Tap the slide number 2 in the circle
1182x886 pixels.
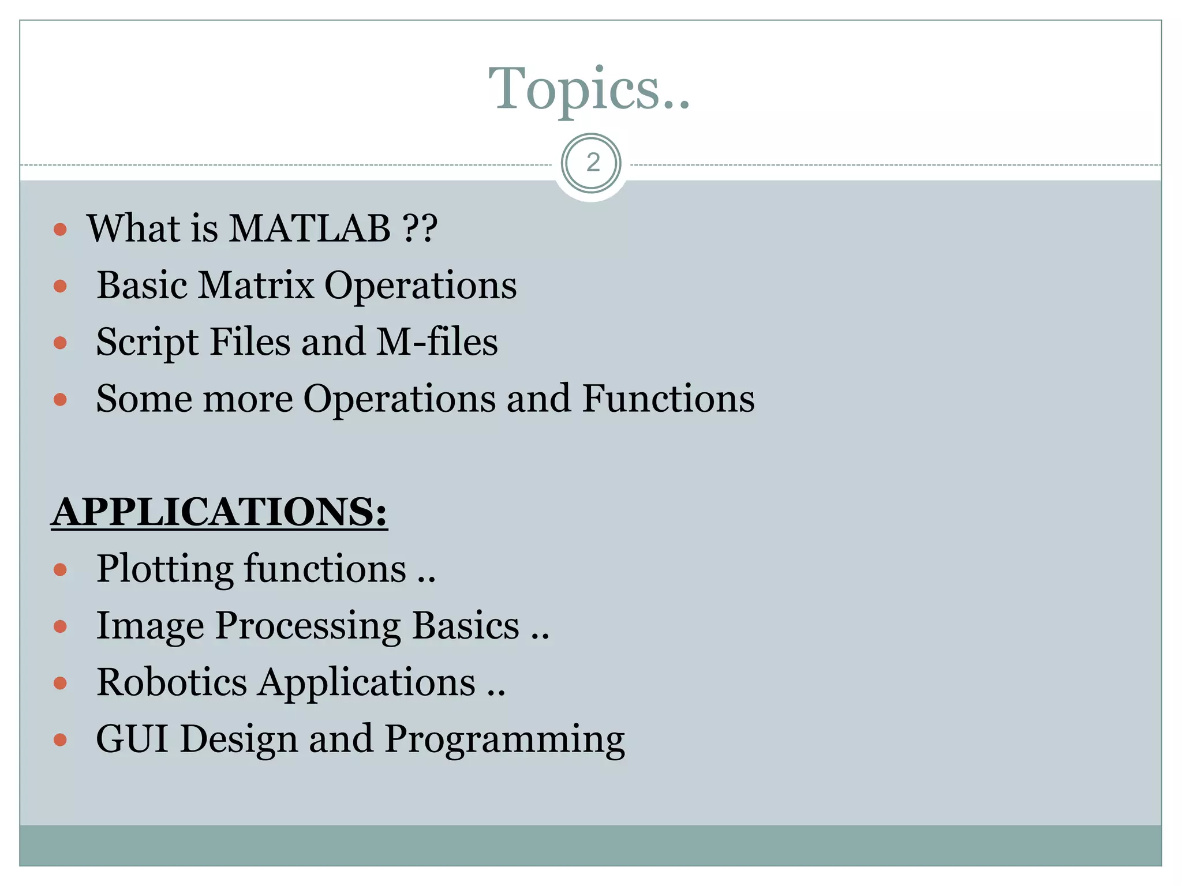(592, 163)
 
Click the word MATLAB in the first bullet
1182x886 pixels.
(310, 228)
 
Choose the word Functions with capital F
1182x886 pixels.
(668, 399)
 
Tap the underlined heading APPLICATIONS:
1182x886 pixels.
(219, 512)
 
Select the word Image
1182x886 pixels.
(150, 627)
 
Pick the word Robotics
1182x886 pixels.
(171, 682)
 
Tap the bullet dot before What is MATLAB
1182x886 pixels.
(60, 230)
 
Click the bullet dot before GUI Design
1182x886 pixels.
(60, 740)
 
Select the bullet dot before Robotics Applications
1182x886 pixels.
(60, 684)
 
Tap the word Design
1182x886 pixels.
(239, 740)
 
